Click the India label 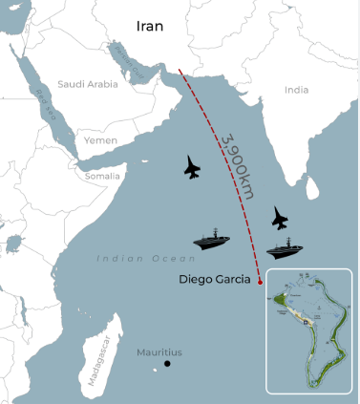[x=297, y=90]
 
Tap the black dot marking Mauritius [x=167, y=364]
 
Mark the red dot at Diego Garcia [x=260, y=280]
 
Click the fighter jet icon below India [x=279, y=218]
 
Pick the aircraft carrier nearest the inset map [x=285, y=249]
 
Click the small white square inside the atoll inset [x=306, y=323]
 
